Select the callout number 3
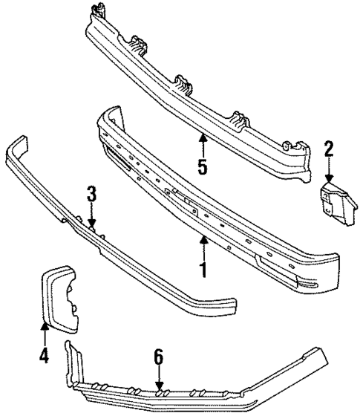(x=91, y=195)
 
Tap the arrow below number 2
(x=330, y=172)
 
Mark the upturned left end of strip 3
(x=16, y=144)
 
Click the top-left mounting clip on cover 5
(x=96, y=11)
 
